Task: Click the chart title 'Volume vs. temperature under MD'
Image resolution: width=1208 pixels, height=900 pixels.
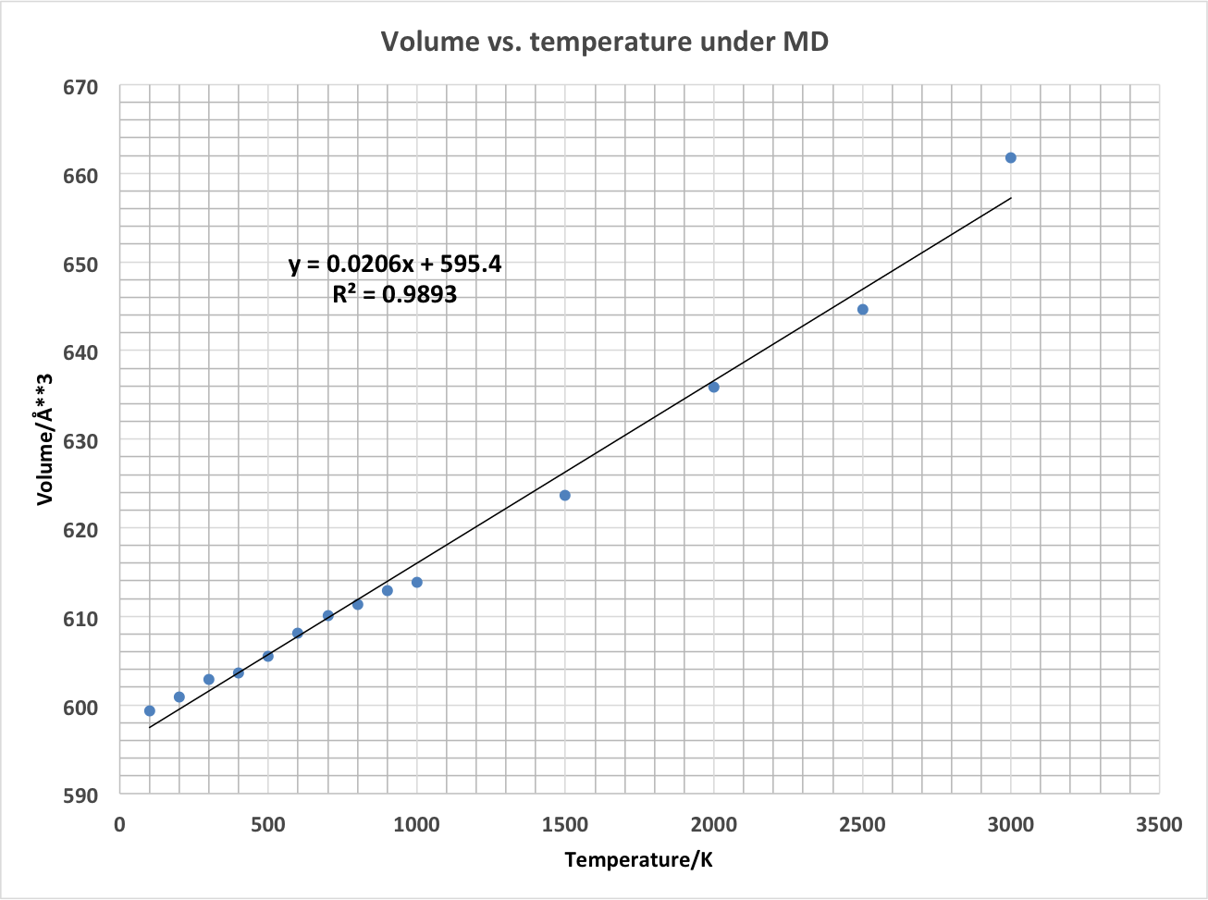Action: coord(605,42)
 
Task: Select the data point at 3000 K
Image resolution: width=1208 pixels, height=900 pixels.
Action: coord(1010,158)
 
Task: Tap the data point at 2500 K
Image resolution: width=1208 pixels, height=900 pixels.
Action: coord(862,309)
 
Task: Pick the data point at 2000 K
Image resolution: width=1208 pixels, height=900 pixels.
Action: coord(713,387)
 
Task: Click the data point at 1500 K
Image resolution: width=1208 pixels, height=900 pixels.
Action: coord(565,495)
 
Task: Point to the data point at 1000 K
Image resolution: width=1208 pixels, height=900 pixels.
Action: coord(416,582)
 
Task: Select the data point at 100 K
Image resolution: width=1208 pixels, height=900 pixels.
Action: coord(150,710)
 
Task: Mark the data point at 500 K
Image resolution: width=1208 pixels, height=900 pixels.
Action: coord(268,656)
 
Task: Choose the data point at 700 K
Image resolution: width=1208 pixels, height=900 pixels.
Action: coord(327,615)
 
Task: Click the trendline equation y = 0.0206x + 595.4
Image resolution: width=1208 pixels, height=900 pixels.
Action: coord(395,265)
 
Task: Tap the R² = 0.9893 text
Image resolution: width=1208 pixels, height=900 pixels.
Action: coord(395,295)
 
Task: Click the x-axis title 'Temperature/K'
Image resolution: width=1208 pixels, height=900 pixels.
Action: coord(639,860)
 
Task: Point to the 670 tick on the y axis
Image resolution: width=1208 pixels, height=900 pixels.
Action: coord(80,87)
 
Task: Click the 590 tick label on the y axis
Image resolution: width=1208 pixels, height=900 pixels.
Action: coord(80,795)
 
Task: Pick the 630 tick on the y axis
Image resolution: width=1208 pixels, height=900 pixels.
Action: coord(80,441)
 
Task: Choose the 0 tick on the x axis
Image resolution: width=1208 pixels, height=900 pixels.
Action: coord(119,824)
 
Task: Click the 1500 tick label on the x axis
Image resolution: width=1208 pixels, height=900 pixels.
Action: coord(565,824)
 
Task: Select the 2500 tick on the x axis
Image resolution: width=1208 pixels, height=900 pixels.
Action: coord(862,824)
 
